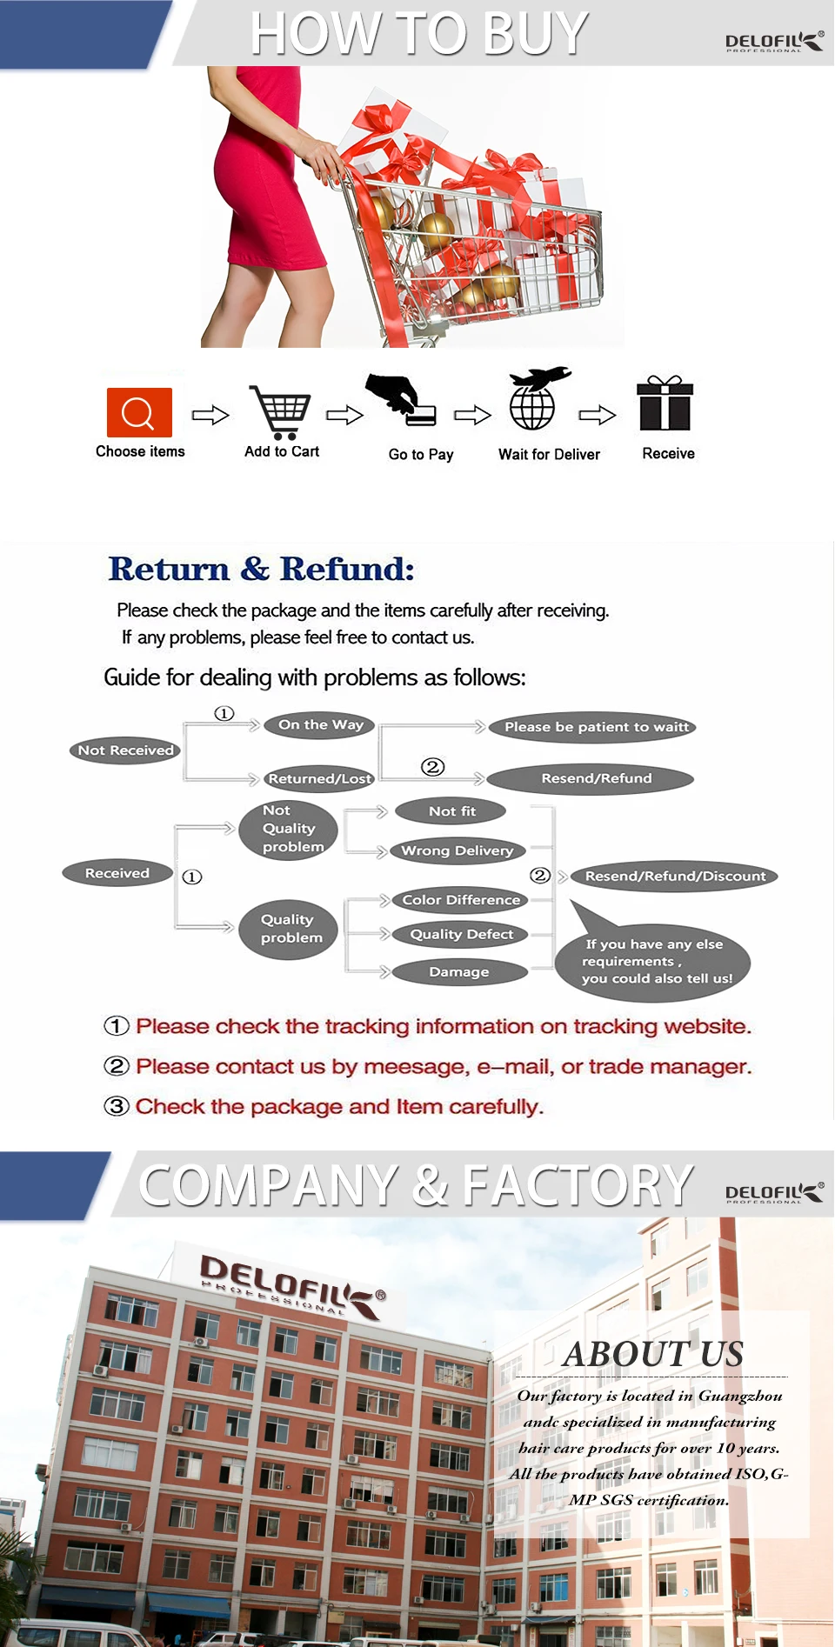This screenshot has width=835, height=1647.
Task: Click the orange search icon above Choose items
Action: pos(139,412)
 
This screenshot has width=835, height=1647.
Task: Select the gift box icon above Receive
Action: pos(665,403)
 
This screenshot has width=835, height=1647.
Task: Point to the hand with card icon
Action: pos(401,400)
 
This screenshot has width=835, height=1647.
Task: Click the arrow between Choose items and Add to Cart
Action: pos(210,415)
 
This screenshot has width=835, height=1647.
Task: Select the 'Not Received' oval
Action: pos(125,750)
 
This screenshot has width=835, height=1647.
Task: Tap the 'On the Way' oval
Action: pos(320,725)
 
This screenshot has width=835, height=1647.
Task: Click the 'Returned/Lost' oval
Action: pos(319,779)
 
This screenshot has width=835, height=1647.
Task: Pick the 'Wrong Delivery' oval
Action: pos(458,850)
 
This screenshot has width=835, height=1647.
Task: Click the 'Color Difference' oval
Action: pos(460,900)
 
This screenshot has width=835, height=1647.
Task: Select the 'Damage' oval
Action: pos(459,972)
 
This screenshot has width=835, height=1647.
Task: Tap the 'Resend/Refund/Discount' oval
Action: pos(675,877)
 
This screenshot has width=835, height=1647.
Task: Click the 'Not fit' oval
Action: pos(451,811)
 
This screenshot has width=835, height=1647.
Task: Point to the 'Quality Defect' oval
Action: pos(460,935)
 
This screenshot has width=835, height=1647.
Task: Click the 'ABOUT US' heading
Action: pos(653,1354)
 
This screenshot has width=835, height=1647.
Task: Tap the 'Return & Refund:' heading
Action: pos(261,570)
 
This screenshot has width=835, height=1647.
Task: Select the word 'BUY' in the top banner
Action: pos(534,34)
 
